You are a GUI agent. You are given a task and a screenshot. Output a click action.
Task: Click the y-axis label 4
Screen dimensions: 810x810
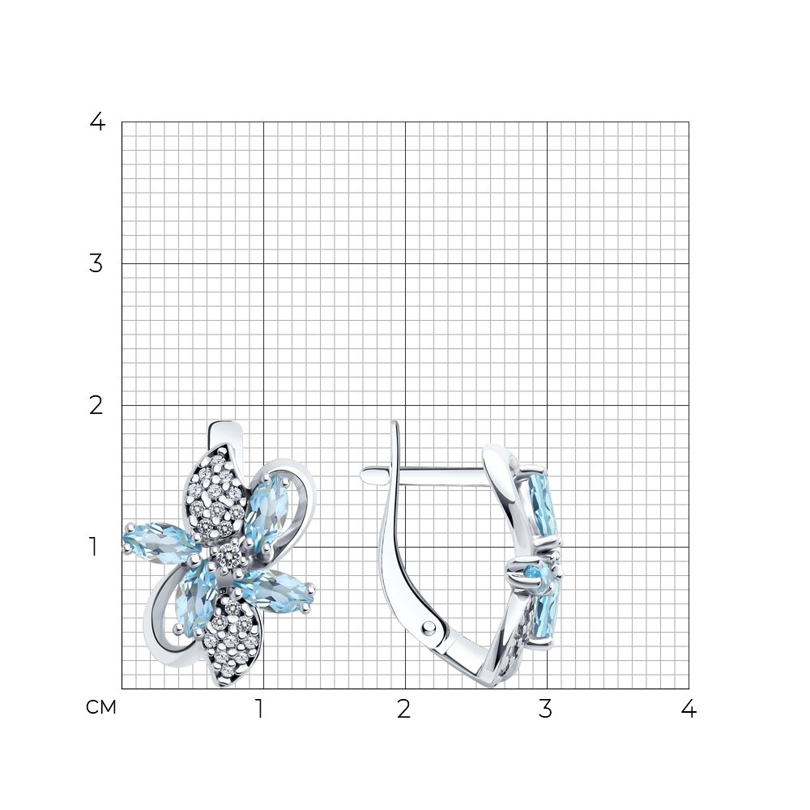click(x=97, y=122)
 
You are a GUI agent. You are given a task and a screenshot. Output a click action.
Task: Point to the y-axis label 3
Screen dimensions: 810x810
click(x=96, y=264)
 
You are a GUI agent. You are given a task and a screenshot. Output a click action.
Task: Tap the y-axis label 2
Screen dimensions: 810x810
click(x=96, y=406)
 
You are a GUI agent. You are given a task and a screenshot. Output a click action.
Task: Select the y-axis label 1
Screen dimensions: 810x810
click(x=93, y=547)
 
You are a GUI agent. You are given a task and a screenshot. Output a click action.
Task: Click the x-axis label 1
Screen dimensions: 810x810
click(x=260, y=710)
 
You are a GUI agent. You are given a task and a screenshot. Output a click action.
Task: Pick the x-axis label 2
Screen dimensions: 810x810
click(x=403, y=710)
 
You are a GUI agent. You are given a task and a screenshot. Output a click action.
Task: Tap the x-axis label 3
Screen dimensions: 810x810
click(x=545, y=710)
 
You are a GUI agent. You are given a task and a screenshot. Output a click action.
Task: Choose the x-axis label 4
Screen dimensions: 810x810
click(x=688, y=710)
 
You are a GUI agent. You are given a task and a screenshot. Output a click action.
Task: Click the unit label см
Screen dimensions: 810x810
click(x=100, y=708)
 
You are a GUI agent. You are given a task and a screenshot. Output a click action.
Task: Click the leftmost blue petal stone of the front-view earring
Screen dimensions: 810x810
click(x=160, y=541)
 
